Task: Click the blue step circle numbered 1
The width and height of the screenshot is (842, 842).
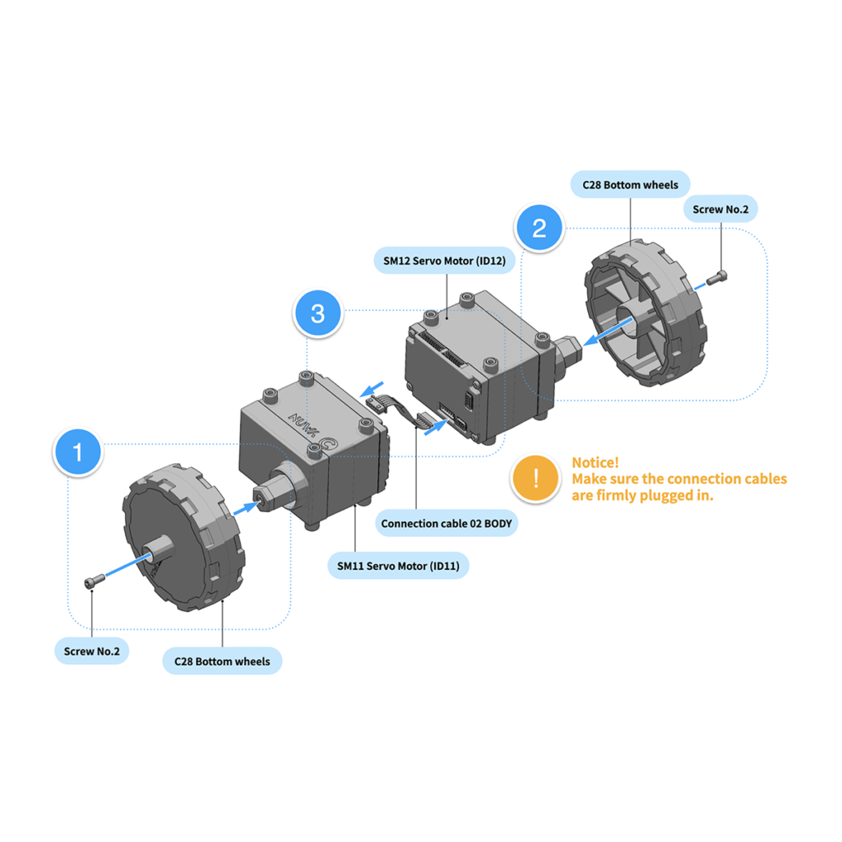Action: point(79,452)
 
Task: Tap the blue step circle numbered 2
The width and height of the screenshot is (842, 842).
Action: point(539,228)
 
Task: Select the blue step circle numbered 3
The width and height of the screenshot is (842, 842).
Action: point(318,313)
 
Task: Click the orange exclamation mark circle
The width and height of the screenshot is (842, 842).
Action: point(535,478)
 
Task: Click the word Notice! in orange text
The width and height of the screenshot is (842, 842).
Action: point(595,462)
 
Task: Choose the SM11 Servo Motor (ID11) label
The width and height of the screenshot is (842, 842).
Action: point(398,566)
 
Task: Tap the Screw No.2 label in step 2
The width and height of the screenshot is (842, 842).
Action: point(720,210)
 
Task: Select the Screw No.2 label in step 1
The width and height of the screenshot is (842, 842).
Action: point(91,652)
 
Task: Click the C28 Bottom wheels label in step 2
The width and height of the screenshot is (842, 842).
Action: point(631,184)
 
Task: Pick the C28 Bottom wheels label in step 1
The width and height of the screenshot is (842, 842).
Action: point(222,661)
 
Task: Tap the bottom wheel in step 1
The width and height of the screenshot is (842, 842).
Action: point(177,539)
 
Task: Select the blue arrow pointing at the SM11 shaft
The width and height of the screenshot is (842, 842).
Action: point(243,509)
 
